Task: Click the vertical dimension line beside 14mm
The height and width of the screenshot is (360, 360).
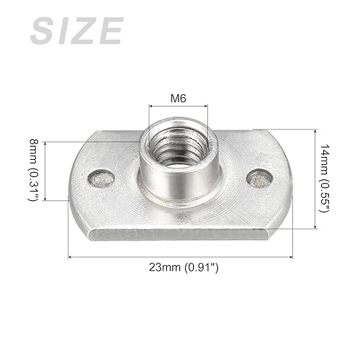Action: (314, 179)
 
